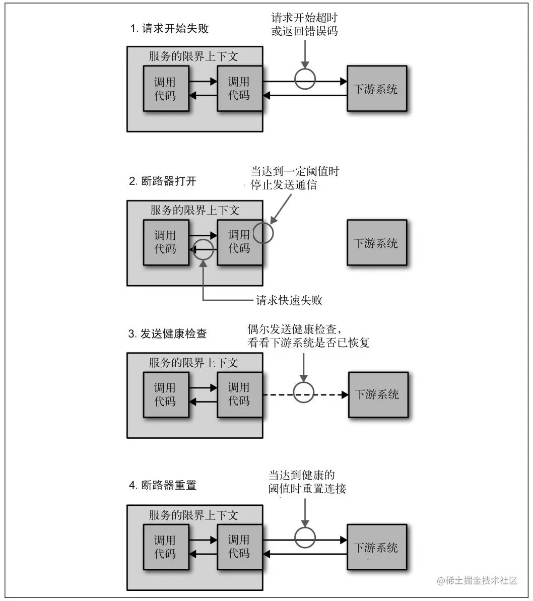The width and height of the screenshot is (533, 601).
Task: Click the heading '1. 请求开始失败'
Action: coord(169,29)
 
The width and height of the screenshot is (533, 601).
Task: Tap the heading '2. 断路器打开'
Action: coord(163,181)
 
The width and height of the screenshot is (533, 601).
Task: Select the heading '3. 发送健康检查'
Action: coord(168,333)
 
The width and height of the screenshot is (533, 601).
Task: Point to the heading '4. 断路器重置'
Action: coord(163,486)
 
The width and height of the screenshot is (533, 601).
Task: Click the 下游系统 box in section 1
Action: coord(376,89)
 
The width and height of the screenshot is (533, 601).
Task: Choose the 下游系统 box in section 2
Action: coord(376,243)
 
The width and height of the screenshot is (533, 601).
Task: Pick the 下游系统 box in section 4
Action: coord(376,547)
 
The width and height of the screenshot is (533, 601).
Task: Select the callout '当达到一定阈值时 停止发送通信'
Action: coord(295,178)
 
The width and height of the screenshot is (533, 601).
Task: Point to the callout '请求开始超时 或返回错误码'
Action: coord(304,25)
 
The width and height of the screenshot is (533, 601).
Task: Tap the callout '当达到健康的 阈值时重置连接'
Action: coord(307,482)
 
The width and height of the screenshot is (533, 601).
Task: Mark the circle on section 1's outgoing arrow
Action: coord(305,80)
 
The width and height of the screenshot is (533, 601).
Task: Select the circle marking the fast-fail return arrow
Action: coord(203,249)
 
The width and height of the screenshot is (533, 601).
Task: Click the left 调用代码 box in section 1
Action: coord(166,88)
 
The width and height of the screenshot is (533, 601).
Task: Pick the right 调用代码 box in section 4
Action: coord(239,547)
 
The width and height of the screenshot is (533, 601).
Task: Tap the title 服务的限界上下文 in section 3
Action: coord(193,362)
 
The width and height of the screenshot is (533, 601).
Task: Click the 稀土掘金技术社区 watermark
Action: coord(478,580)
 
